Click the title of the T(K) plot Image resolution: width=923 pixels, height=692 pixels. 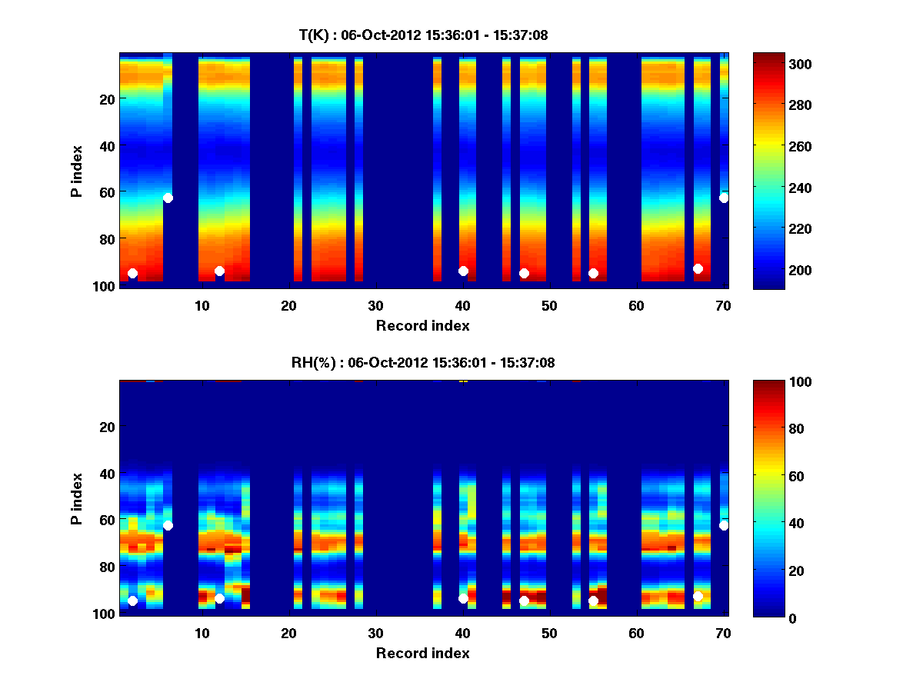[x=423, y=35]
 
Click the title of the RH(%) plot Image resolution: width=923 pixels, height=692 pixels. [x=423, y=362]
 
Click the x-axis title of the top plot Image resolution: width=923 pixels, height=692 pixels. [x=422, y=325]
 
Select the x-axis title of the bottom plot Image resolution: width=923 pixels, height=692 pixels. [x=422, y=653]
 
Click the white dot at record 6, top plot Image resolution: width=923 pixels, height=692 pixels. [x=168, y=198]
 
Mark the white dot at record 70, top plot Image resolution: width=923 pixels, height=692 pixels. [x=724, y=198]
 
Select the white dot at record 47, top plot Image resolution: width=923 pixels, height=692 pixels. [x=524, y=273]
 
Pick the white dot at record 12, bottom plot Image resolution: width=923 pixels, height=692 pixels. [x=219, y=598]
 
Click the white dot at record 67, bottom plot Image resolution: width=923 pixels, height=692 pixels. [x=698, y=596]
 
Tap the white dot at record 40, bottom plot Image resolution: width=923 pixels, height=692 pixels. [x=463, y=598]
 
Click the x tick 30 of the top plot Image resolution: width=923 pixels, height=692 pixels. [x=375, y=307]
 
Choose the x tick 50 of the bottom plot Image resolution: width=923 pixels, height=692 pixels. [x=549, y=634]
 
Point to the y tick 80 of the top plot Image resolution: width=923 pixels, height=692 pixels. [x=107, y=238]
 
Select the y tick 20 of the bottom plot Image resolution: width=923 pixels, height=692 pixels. [x=107, y=427]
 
